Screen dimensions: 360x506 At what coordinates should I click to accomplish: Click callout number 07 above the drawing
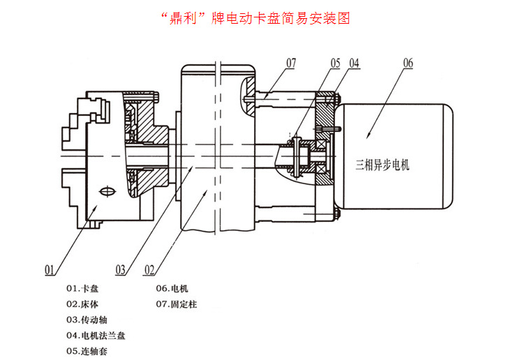pos(291,63)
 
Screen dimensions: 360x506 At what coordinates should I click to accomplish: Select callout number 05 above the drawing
pos(336,63)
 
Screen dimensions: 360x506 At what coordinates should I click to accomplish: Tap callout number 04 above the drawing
pos(355,63)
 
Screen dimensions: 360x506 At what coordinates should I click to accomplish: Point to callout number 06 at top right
pos(408,63)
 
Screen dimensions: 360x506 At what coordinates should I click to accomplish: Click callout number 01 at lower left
pos(50,268)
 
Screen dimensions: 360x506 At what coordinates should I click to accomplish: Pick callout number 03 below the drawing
pos(120,268)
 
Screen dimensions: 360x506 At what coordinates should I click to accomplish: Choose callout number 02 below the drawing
pos(149,268)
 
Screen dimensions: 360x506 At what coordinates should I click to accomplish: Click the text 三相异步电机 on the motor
pos(383,165)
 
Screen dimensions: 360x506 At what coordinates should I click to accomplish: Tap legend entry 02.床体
pos(82,304)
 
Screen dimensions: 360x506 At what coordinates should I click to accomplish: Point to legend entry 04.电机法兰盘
pos(95,336)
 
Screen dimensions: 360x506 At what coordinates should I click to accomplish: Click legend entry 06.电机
pos(172,288)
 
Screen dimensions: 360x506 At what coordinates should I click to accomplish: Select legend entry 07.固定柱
pos(176,304)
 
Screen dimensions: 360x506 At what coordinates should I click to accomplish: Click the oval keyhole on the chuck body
pos(106,193)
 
